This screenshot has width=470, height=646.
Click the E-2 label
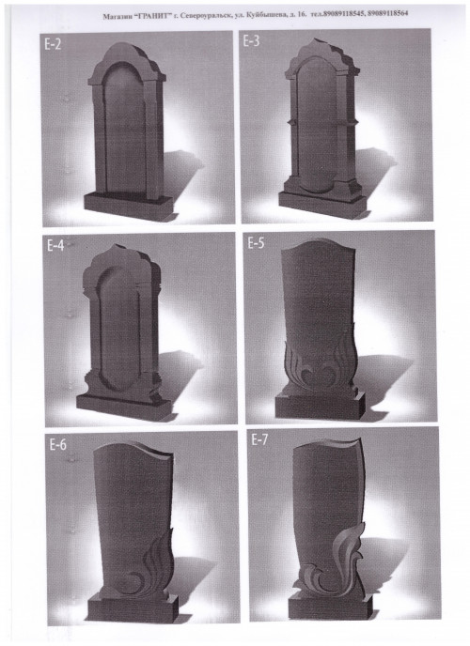pos(53,44)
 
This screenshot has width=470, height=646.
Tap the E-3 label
pos(251,41)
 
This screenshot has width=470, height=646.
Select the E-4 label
pos(55,246)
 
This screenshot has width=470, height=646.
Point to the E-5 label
pos(256,243)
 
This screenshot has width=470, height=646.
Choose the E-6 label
pos(57,445)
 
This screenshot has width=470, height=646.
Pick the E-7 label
pos(259,440)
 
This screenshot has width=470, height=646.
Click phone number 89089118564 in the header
pos(387,13)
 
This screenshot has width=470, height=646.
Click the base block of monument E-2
pos(128,203)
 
